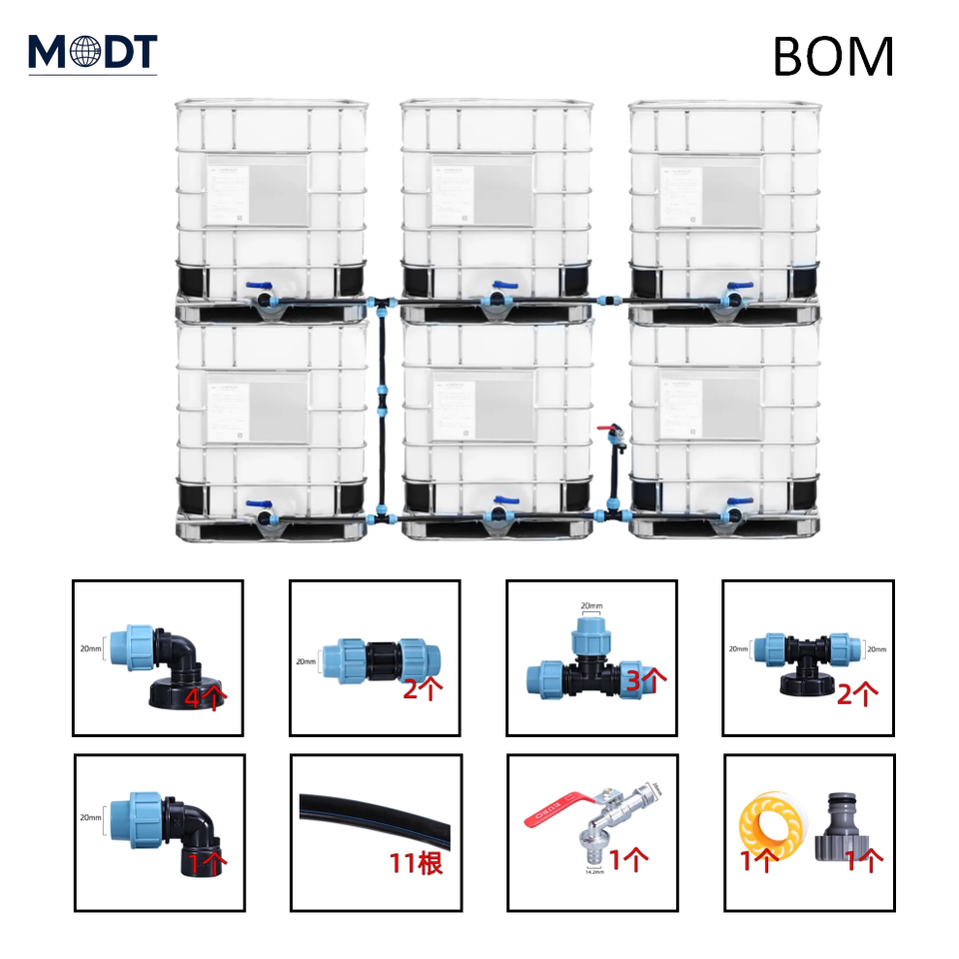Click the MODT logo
coord(92,52)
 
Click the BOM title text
coord(832,57)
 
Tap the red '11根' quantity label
coord(417,862)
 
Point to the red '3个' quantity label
coord(646,678)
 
